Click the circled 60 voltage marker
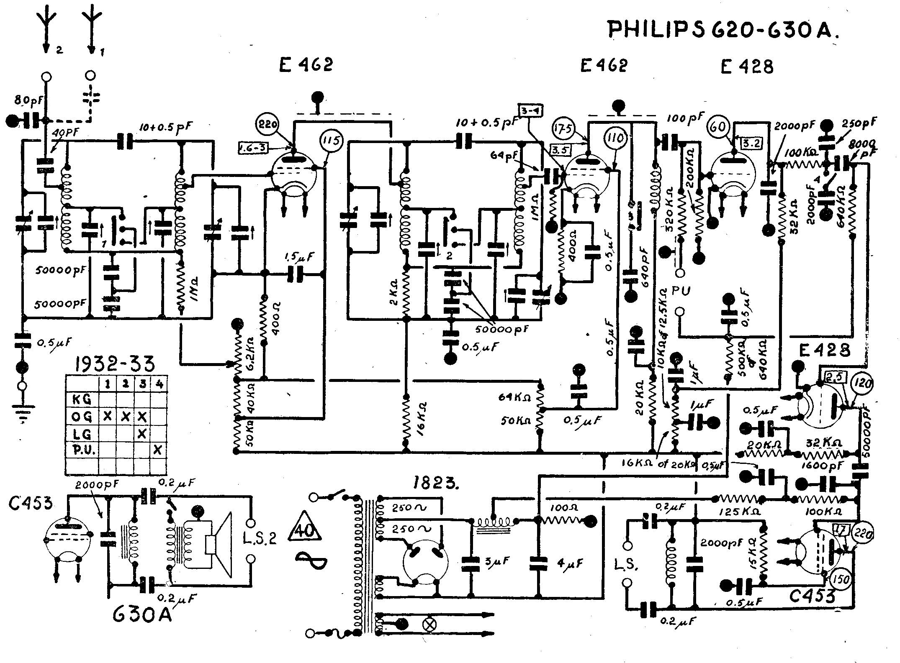pyautogui.click(x=718, y=127)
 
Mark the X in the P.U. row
pyautogui.click(x=158, y=450)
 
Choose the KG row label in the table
pyautogui.click(x=82, y=399)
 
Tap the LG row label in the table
pyautogui.click(x=82, y=433)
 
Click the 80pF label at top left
pyautogui.click(x=26, y=100)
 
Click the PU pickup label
pyautogui.click(x=681, y=291)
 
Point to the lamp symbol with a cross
pyautogui.click(x=429, y=625)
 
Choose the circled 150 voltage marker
pyautogui.click(x=841, y=579)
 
